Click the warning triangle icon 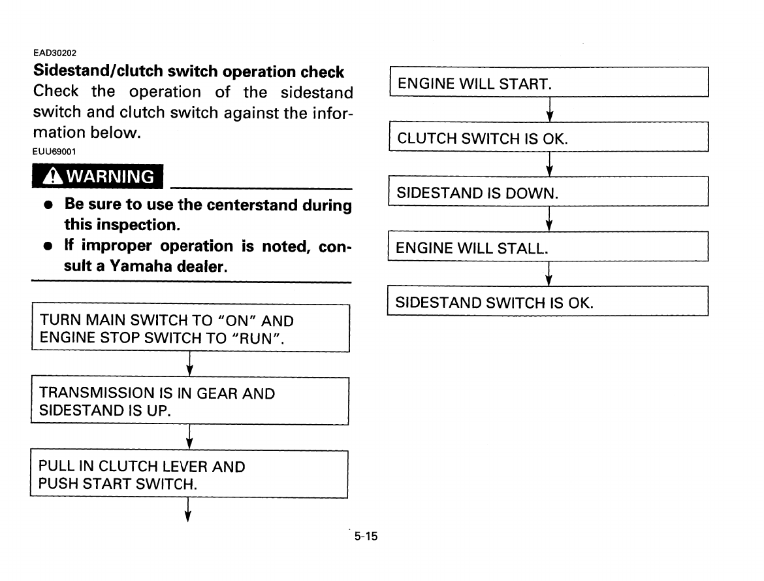click(52, 176)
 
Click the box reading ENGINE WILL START click(549, 83)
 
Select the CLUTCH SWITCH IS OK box click(549, 138)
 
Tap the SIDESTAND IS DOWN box click(549, 193)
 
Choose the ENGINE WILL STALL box click(549, 248)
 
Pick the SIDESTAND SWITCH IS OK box click(549, 303)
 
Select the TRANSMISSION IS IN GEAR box click(189, 401)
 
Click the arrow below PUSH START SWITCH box click(188, 510)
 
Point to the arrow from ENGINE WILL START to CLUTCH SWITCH click(549, 109)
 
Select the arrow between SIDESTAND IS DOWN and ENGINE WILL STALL click(549, 219)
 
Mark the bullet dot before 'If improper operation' click(48, 247)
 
